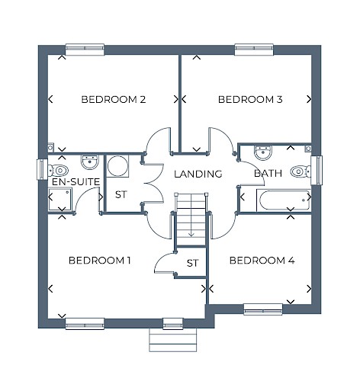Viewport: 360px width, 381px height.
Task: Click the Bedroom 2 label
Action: click(x=114, y=99)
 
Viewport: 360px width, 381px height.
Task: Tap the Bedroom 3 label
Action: click(x=250, y=99)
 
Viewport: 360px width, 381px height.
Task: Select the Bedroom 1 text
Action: click(x=100, y=261)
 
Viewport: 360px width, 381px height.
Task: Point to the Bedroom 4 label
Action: click(x=262, y=261)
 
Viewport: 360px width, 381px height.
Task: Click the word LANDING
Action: click(x=198, y=174)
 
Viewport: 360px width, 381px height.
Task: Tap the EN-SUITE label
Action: click(x=76, y=182)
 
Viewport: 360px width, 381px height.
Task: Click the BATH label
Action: click(x=268, y=173)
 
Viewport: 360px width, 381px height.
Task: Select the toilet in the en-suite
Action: click(x=58, y=170)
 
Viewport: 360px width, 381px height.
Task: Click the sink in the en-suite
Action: click(x=89, y=162)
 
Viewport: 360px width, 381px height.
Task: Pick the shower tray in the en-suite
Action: click(x=60, y=199)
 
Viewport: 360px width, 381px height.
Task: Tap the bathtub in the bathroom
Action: click(x=284, y=200)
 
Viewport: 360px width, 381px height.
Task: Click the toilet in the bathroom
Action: click(x=301, y=171)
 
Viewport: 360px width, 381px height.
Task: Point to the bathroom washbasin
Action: click(x=263, y=152)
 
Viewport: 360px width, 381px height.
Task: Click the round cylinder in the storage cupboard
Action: click(x=117, y=166)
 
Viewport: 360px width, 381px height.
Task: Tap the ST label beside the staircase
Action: click(x=192, y=263)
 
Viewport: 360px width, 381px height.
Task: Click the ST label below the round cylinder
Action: click(x=121, y=194)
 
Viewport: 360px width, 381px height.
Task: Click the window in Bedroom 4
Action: click(x=263, y=309)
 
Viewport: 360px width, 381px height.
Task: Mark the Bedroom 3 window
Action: click(x=254, y=50)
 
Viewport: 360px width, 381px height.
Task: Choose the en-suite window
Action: click(x=42, y=168)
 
